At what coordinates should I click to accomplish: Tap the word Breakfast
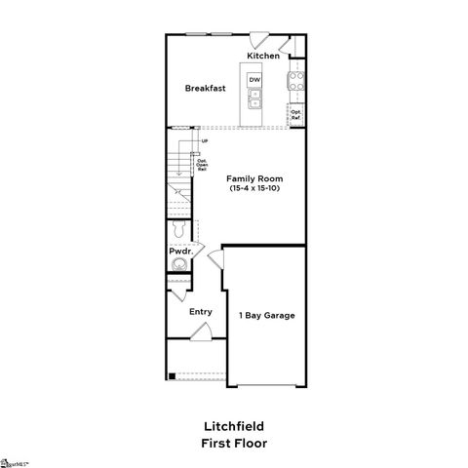point(206,88)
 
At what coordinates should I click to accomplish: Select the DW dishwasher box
point(254,79)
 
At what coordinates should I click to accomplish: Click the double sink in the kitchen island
point(254,98)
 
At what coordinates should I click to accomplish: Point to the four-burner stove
point(296,83)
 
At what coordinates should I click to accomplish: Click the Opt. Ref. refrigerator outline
point(295,115)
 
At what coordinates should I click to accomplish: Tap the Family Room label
point(255,178)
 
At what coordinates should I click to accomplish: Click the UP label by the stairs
point(205,141)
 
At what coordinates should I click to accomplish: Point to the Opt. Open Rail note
point(201,164)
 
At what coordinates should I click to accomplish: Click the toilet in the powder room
point(177,231)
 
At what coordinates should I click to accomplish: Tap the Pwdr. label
point(179,252)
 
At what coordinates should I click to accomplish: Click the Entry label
point(200,312)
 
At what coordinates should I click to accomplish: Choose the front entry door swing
point(199,332)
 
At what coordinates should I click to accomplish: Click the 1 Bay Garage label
point(266,315)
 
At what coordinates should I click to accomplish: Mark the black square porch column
point(172,376)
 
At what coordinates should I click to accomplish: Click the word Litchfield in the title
point(233,426)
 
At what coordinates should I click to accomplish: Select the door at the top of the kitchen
point(260,41)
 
